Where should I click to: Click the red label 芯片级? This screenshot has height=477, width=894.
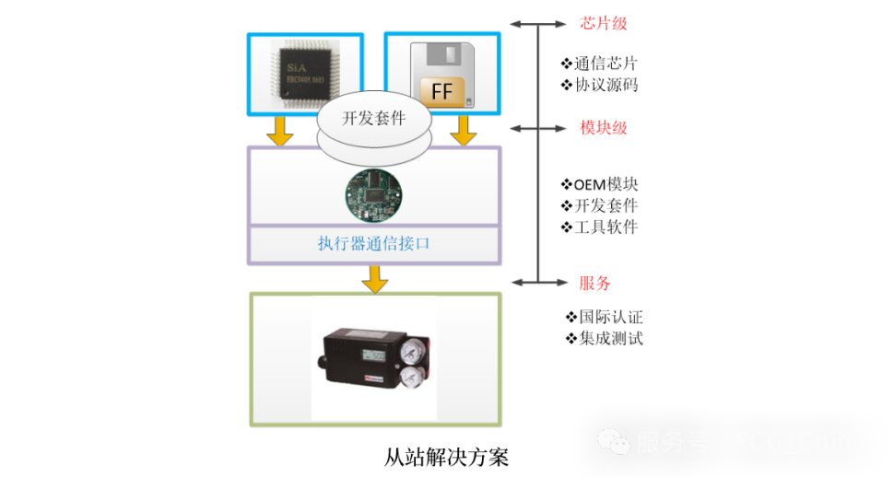coord(604,23)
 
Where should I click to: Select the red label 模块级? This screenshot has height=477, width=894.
coord(604,128)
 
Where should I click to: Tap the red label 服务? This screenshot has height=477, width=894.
coord(594,284)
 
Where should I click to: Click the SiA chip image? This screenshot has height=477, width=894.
coord(306,75)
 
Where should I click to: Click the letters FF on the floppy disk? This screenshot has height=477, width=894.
coord(442,91)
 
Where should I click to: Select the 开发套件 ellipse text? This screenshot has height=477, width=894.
coord(373,119)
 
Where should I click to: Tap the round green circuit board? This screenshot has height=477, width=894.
coord(373,194)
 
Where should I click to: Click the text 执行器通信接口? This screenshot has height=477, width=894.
coord(373,244)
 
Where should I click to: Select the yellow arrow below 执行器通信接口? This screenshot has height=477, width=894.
coord(374,279)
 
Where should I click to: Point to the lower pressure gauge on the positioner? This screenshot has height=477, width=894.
coord(417,378)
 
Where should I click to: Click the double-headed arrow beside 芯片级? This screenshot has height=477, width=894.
coord(539,23)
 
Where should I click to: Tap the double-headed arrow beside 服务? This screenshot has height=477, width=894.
coord(539,282)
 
